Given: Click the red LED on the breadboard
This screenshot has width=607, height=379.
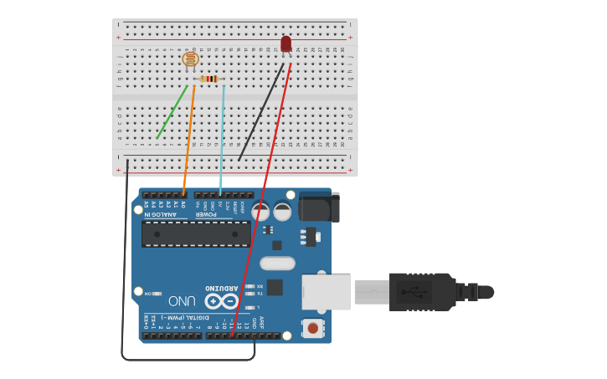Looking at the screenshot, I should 286,44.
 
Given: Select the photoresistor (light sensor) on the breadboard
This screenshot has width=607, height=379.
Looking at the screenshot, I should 191,59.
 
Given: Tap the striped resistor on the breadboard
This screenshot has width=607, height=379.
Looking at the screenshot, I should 209,79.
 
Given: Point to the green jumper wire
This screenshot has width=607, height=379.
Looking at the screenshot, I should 172,111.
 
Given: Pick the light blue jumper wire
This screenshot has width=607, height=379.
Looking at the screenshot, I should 222,138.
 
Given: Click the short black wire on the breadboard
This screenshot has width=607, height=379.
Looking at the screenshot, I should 260,113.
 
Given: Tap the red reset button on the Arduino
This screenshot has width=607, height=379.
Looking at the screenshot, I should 312,327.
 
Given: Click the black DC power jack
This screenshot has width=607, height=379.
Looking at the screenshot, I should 318,207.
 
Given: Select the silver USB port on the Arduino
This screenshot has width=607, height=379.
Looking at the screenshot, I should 326,292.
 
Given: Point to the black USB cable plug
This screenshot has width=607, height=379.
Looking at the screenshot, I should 423,292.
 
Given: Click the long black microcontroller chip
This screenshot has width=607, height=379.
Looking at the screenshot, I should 195,233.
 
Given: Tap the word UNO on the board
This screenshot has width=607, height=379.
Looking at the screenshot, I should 182,300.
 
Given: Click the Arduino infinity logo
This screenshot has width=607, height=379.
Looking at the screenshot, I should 221,300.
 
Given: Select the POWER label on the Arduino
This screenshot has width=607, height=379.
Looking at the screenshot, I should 206,214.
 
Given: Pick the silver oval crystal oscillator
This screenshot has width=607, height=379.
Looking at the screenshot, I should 277,264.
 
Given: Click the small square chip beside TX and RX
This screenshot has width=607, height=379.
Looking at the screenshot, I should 275,287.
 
